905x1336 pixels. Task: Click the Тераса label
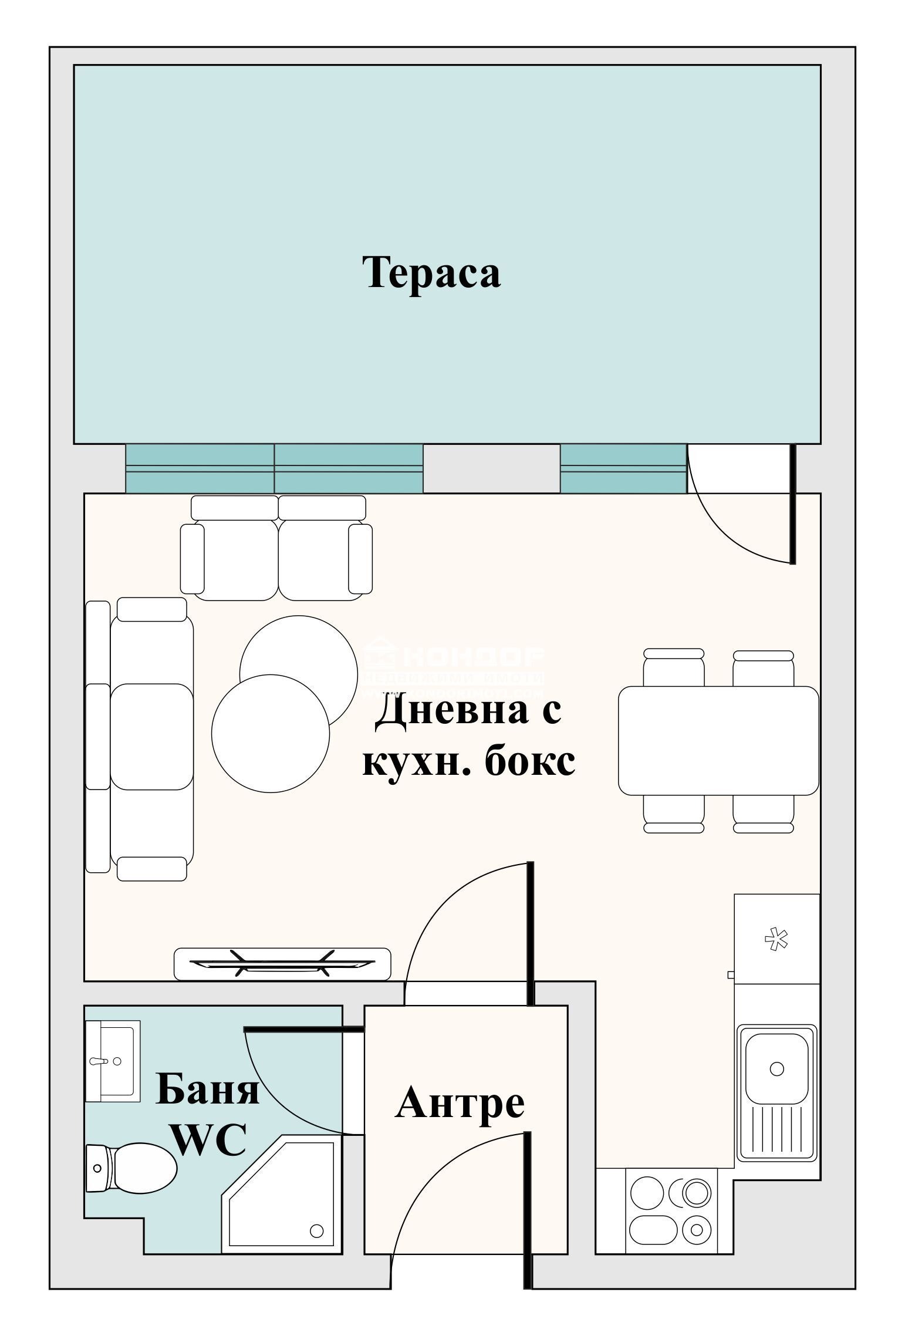431,272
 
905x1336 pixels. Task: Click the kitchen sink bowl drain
776,1068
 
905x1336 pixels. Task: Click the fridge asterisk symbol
776,940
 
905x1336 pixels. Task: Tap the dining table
718,740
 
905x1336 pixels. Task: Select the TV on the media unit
282,964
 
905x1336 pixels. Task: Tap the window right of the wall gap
623,468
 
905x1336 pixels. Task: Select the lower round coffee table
270,733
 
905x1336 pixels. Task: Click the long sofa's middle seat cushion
152,737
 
